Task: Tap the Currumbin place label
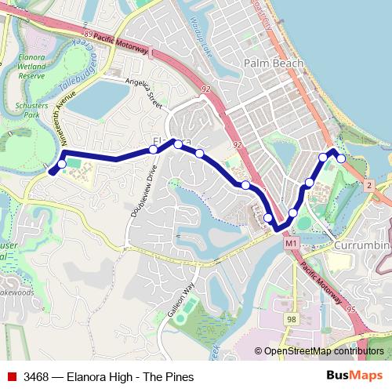362,246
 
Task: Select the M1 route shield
290,245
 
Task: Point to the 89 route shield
87,36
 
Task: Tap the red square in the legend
11,376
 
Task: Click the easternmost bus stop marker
341,158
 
